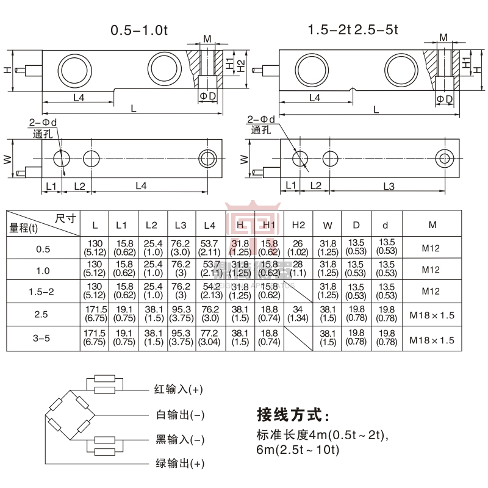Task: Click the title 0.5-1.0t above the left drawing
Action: pos(138,30)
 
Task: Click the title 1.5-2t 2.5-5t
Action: pos(353,30)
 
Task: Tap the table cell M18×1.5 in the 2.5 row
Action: pos(432,315)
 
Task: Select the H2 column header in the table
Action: pos(298,224)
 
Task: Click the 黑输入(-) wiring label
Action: pos(180,440)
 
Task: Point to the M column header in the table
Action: pos(432,224)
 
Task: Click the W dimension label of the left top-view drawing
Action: pos(8,159)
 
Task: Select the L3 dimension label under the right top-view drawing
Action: pos(390,185)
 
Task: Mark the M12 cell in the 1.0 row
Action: pos(432,270)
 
